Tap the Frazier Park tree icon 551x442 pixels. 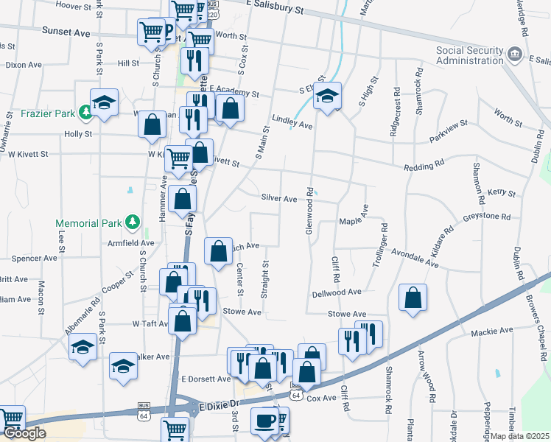[86, 111]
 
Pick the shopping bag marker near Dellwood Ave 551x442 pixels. [413, 298]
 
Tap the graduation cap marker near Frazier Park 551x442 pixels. [104, 102]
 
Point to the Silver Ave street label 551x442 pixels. [278, 198]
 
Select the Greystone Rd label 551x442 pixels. [486, 217]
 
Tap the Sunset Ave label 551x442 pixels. [66, 32]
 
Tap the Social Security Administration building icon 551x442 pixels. [514, 54]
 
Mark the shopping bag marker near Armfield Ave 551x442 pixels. [218, 252]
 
